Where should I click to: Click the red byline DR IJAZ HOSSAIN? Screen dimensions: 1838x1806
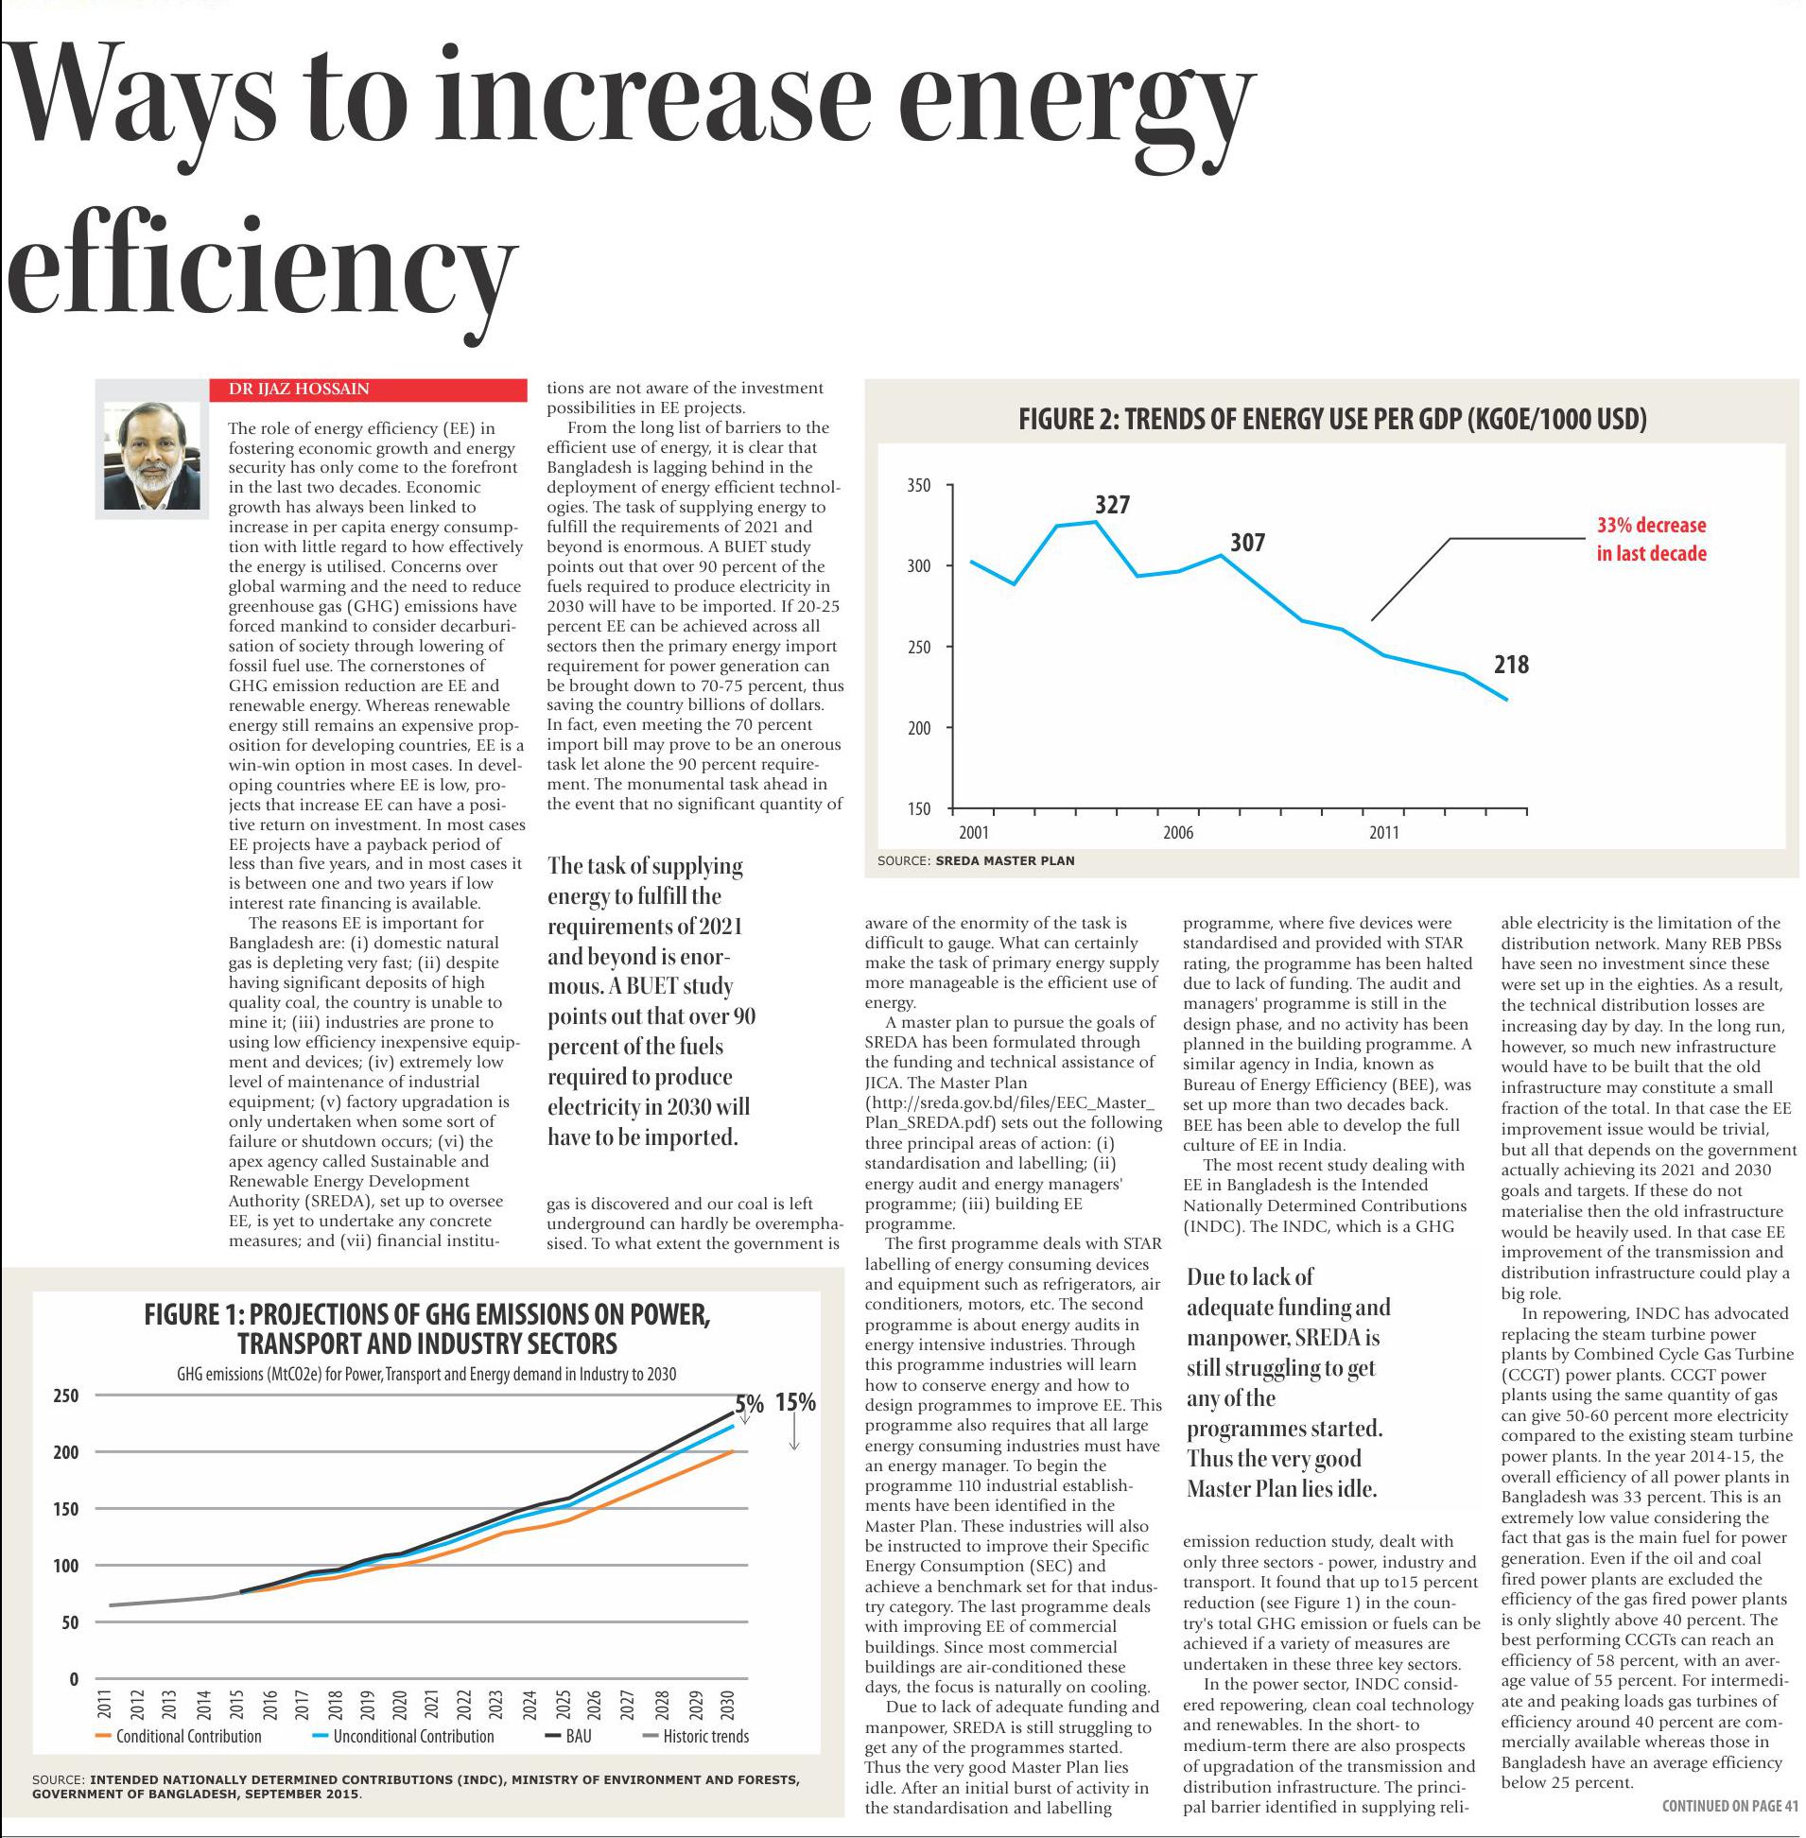[299, 389]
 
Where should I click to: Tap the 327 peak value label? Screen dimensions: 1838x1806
[1112, 505]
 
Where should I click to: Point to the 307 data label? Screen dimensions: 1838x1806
[1247, 543]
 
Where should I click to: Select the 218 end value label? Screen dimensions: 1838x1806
[1511, 665]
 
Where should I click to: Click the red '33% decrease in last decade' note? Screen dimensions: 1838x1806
[1650, 539]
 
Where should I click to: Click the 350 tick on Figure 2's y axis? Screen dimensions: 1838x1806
[919, 486]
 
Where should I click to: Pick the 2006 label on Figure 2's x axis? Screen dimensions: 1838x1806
[1178, 833]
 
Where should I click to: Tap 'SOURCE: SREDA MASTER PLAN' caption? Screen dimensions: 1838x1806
[976, 861]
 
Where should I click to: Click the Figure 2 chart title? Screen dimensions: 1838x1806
[1331, 419]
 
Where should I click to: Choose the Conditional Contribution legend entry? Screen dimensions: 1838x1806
[188, 1737]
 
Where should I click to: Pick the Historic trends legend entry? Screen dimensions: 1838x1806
[704, 1737]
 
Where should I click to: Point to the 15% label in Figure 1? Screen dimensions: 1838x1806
[795, 1403]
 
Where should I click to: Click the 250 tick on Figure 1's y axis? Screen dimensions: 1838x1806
[66, 1396]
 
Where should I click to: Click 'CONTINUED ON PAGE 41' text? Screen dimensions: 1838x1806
[1729, 1806]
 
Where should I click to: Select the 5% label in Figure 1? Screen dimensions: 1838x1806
[749, 1405]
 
